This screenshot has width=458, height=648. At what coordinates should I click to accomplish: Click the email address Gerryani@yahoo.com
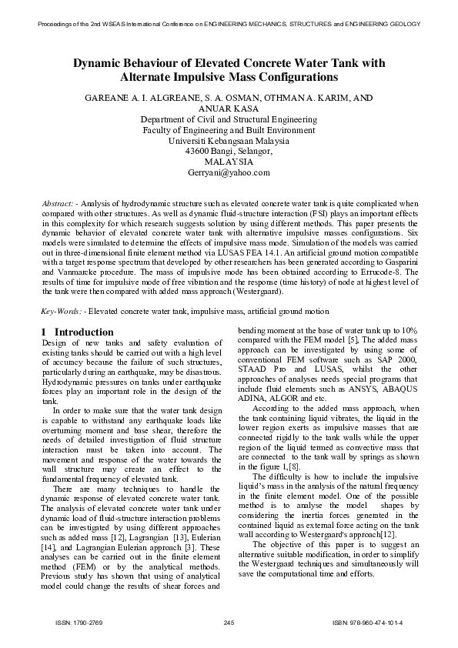click(229, 173)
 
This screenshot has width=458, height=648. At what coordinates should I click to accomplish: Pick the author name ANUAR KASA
click(229, 109)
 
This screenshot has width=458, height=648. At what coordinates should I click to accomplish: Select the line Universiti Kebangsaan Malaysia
click(229, 141)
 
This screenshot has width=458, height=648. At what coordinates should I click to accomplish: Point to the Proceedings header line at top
click(229, 24)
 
